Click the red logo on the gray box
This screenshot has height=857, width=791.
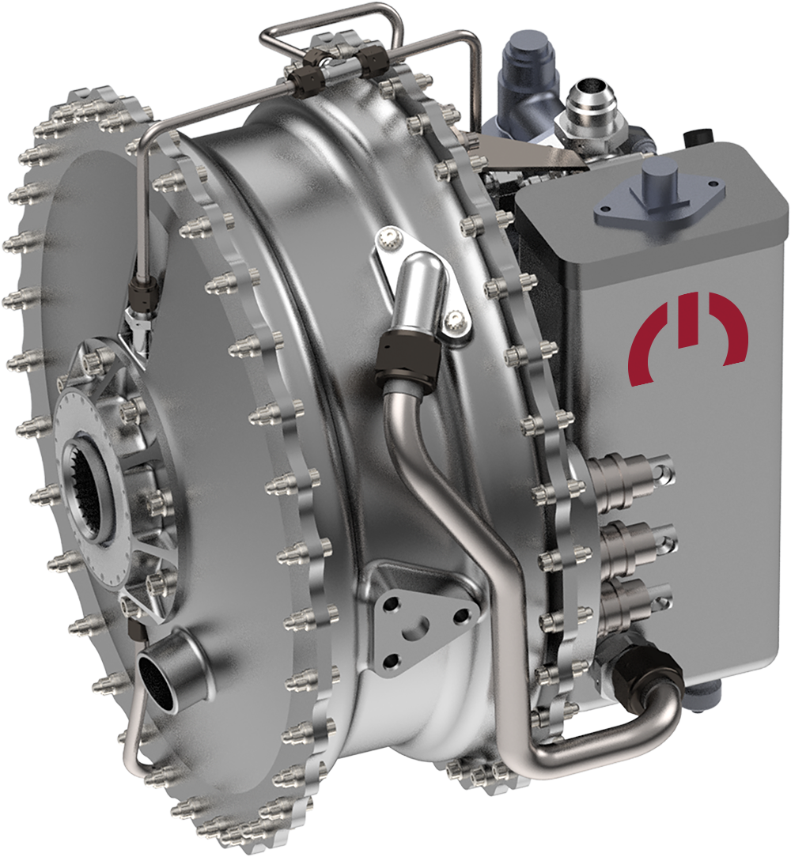(687, 338)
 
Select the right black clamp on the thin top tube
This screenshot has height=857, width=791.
(371, 62)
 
